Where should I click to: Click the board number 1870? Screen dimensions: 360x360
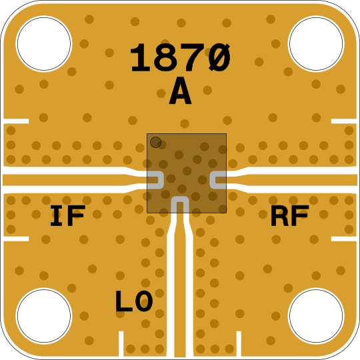(x=180, y=57)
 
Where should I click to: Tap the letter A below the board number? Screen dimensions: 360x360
(x=180, y=91)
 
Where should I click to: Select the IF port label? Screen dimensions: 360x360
(x=68, y=215)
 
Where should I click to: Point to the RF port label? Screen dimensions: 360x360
(x=290, y=215)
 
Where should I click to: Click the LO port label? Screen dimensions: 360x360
(x=134, y=301)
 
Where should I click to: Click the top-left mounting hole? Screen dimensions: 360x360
(x=44, y=43)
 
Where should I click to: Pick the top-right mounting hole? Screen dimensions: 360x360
(x=316, y=43)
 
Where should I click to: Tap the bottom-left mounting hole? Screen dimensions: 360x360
(x=44, y=316)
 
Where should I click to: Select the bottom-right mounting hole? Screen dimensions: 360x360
(x=316, y=316)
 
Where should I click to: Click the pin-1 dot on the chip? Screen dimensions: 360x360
(x=155, y=143)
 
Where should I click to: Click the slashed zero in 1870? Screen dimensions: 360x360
(x=219, y=57)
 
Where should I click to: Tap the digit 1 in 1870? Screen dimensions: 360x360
(x=140, y=57)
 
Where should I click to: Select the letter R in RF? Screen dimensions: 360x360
(x=280, y=215)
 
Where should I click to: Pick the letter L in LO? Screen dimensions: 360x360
(x=124, y=301)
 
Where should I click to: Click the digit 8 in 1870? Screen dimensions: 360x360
(x=166, y=57)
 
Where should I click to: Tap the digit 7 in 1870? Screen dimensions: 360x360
(x=193, y=57)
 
